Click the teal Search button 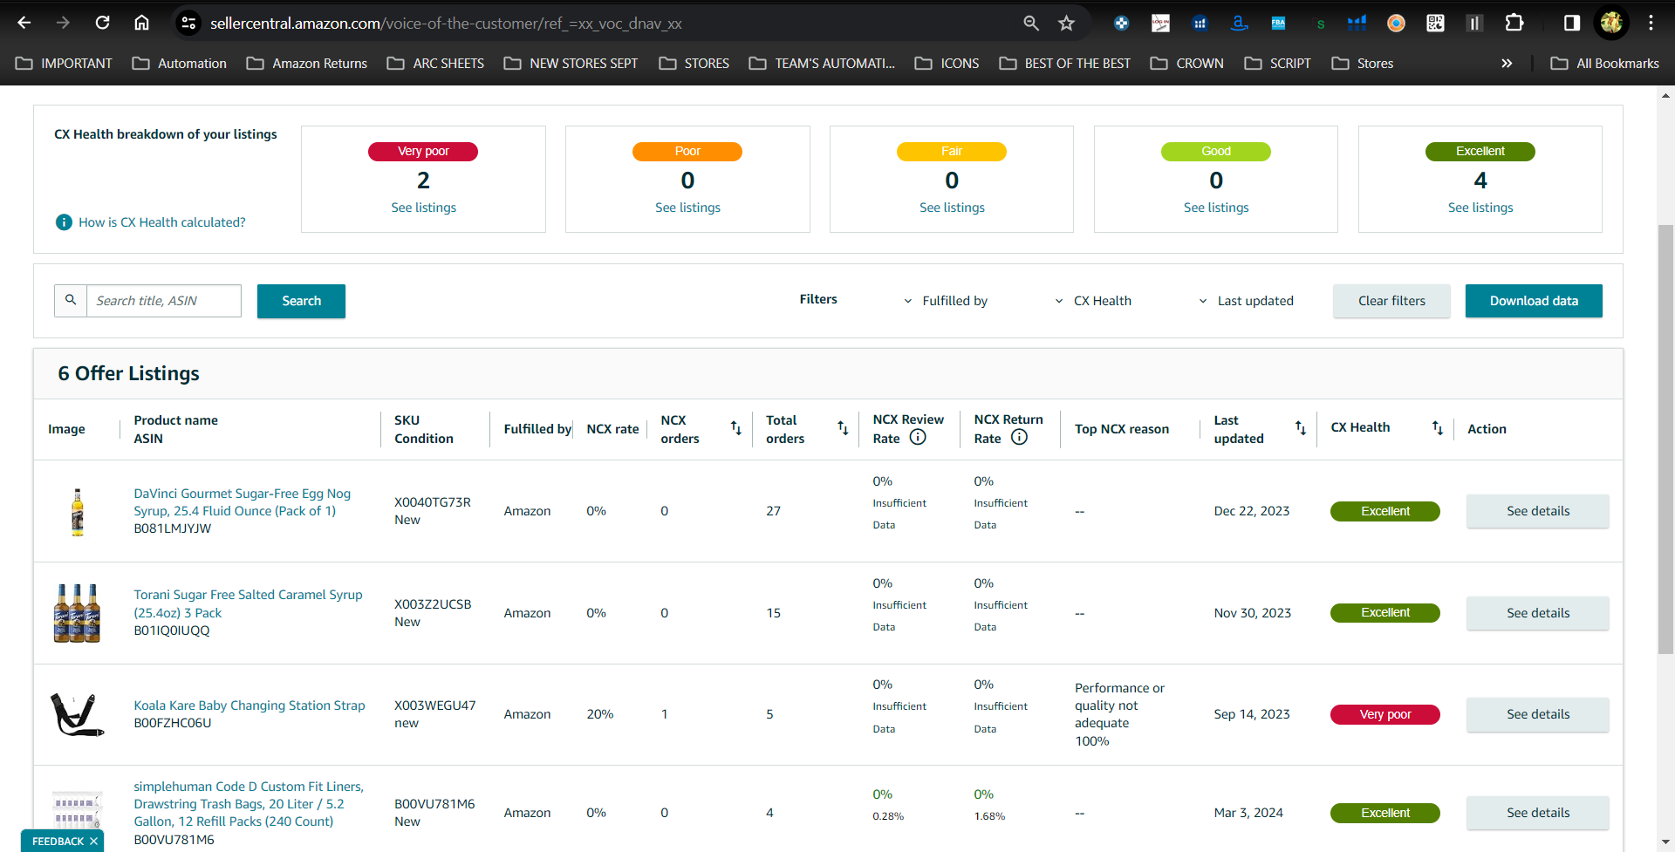point(301,301)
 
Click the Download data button point(1534,301)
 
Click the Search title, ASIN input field point(164,301)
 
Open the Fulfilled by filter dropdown point(946,301)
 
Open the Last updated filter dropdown point(1246,301)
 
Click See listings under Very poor point(424,208)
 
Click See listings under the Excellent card point(1480,208)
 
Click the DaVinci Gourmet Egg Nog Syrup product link point(243,502)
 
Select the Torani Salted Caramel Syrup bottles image point(77,613)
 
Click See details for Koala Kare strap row point(1538,714)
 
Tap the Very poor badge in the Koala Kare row point(1385,714)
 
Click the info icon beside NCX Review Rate point(918,438)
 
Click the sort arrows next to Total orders point(843,428)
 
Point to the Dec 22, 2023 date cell point(1252,511)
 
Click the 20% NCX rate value point(600,714)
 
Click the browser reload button point(103,23)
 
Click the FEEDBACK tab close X point(93,842)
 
